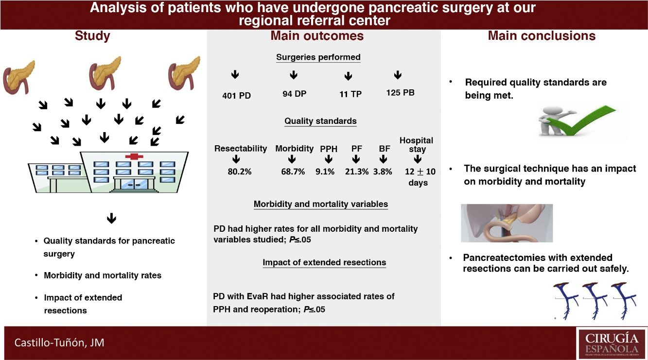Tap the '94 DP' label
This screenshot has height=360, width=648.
point(294,94)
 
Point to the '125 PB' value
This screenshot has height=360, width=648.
point(400,92)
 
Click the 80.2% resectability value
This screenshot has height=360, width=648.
point(239,171)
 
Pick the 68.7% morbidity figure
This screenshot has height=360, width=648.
point(293,171)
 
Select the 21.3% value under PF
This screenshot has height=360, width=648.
point(356,171)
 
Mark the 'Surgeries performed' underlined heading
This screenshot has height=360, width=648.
point(318,57)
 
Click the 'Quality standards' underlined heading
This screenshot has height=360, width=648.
point(320,121)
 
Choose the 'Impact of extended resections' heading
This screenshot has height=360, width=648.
point(324,262)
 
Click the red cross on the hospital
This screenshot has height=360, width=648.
point(132,156)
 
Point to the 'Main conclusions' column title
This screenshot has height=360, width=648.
point(542,36)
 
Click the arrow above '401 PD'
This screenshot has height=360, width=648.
point(235,75)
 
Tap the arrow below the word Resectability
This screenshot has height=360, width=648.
point(236,159)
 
